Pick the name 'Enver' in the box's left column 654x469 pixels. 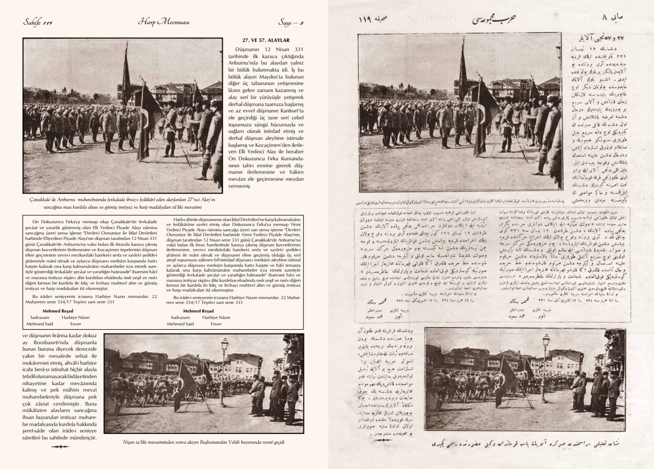click(76, 324)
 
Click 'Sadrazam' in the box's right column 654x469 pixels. click(180, 317)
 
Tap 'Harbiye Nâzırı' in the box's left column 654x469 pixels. click(76, 317)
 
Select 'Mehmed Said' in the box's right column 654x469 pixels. click(180, 324)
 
